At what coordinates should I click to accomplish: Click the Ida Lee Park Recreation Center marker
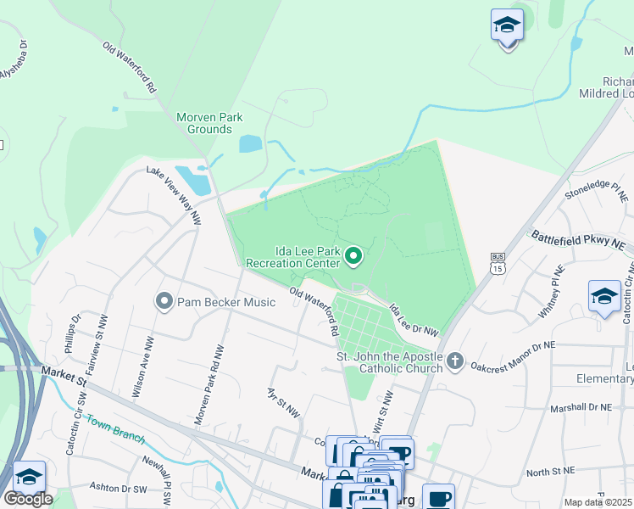pos(354,255)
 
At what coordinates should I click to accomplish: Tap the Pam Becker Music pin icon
pos(164,301)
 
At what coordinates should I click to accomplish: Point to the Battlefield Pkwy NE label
pos(579,239)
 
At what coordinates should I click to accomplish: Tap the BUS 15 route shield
pos(498,262)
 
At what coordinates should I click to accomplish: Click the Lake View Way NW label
pos(175,194)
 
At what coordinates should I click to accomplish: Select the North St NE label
pos(550,471)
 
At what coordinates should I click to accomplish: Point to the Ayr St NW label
pos(283,403)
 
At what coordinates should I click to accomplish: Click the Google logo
pos(28,498)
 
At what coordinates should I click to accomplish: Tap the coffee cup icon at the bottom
pos(438,497)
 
